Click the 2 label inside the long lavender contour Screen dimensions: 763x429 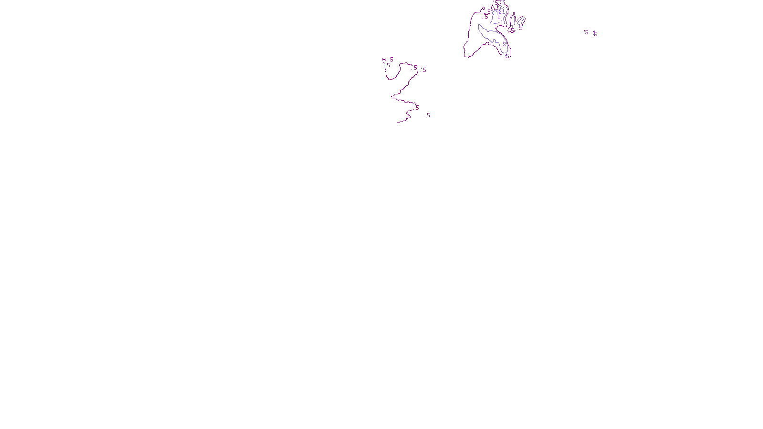[x=504, y=44]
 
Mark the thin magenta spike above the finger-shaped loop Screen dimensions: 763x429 [x=514, y=14]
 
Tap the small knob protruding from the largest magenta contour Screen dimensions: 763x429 [x=483, y=8]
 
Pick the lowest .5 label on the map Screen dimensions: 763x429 [x=428, y=115]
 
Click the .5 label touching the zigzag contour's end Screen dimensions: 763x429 [x=417, y=108]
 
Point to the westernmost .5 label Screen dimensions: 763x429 [x=388, y=65]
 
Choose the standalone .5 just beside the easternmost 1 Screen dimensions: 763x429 [x=586, y=32]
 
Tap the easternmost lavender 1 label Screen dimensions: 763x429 [x=594, y=32]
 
